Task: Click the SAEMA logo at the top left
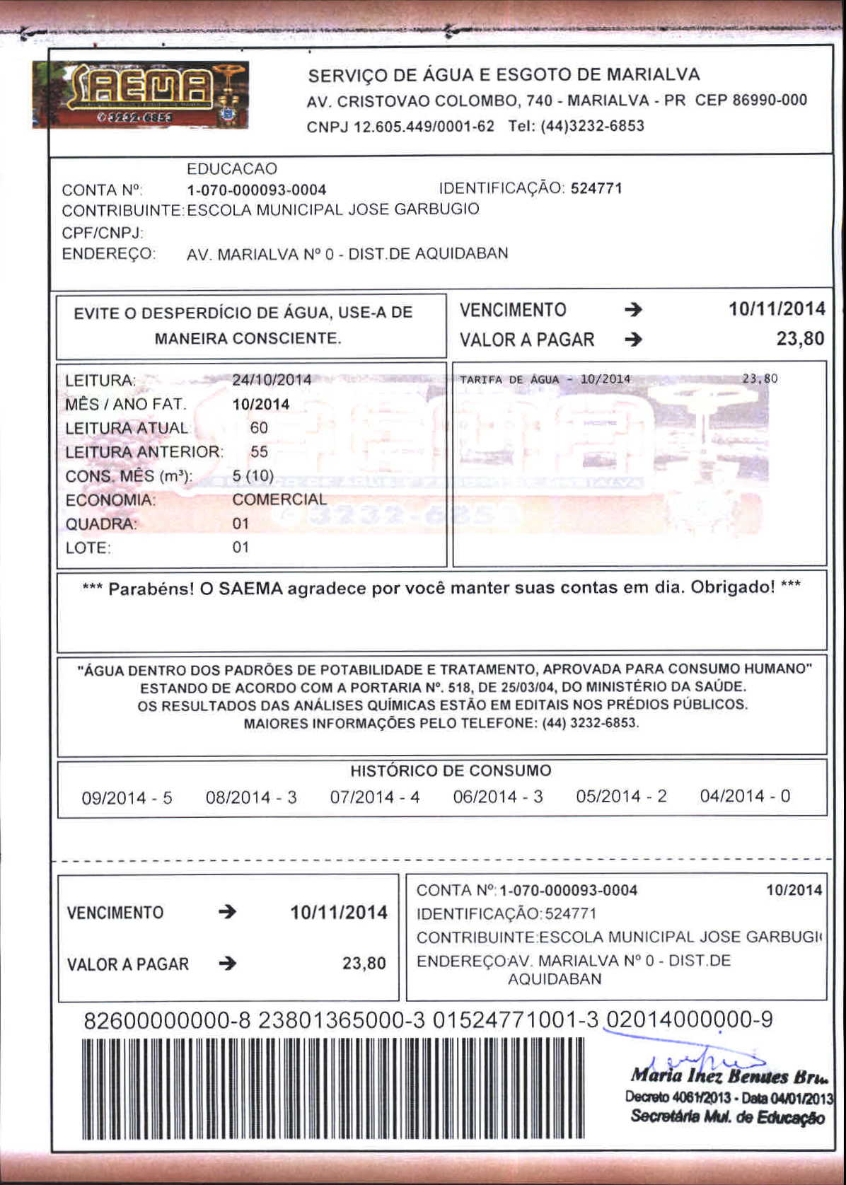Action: click(x=140, y=95)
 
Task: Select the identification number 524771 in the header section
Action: click(x=596, y=188)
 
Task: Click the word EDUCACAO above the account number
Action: click(x=231, y=169)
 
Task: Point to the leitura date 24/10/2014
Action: click(x=272, y=380)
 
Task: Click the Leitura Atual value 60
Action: click(x=259, y=428)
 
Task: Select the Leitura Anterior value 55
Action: click(x=259, y=452)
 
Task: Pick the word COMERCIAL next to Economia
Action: click(x=279, y=499)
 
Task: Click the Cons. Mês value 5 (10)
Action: click(x=253, y=475)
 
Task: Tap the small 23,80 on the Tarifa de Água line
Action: click(x=760, y=378)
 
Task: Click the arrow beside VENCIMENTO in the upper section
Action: click(x=633, y=310)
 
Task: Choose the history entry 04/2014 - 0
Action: click(x=745, y=797)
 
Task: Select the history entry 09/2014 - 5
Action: click(x=127, y=798)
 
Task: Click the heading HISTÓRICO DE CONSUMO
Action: click(x=451, y=770)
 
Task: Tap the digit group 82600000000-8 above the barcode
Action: click(x=167, y=1020)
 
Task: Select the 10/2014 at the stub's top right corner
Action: click(x=794, y=890)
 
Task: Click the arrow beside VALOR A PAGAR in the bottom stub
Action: click(x=227, y=964)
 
